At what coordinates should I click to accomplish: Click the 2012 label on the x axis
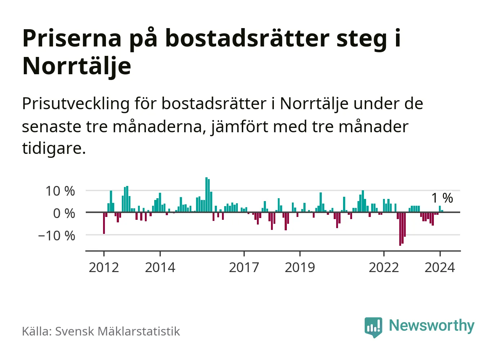tap(104, 267)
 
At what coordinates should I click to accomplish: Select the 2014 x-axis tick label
tap(160, 267)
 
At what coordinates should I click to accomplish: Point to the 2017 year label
tap(244, 267)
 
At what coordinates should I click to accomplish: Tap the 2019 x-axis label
tap(300, 267)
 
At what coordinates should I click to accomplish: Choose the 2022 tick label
tap(384, 267)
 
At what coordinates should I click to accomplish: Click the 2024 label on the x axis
tap(440, 267)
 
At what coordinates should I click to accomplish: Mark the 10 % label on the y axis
tap(60, 191)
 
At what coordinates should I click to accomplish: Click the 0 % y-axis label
tap(64, 213)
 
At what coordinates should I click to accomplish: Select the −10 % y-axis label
tap(57, 236)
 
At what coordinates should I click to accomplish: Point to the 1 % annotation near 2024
tap(442, 198)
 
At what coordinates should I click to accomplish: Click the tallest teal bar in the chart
tap(206, 195)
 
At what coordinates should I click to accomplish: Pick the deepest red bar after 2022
tap(400, 229)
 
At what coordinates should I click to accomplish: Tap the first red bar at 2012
tap(104, 223)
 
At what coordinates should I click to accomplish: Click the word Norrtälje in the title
tap(77, 66)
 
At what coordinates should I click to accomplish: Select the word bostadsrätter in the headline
tap(247, 38)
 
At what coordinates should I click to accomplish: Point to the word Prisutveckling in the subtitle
tap(76, 104)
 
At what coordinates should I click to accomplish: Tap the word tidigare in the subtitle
tap(53, 148)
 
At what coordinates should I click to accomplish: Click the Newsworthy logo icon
tap(373, 327)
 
